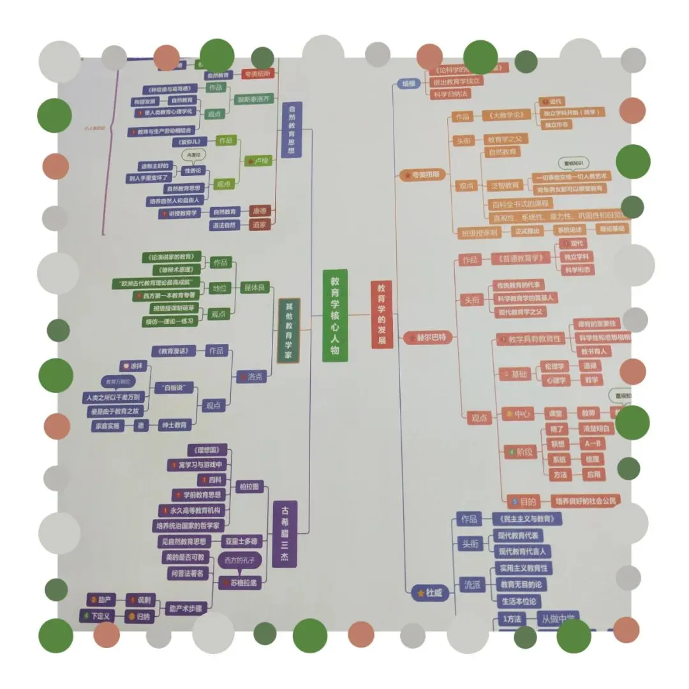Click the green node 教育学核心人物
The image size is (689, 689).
pos(335,316)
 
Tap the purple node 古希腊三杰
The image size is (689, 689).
pos(285,533)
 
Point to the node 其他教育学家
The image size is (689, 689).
pos(288,330)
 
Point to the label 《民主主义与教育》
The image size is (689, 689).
pos(528,519)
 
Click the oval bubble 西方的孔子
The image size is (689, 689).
pos(239,560)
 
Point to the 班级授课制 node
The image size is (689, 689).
pos(477,232)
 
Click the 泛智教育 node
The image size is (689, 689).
pos(505,185)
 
